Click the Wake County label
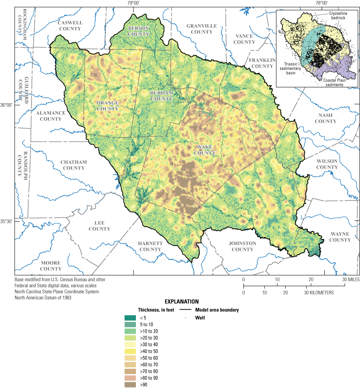click(x=204, y=150)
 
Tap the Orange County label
click(x=108, y=106)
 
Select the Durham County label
click(x=161, y=96)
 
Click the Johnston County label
click(x=242, y=246)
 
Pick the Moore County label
click(x=50, y=266)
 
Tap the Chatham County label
click(x=74, y=165)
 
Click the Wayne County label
click(x=339, y=237)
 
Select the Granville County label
click(x=202, y=29)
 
